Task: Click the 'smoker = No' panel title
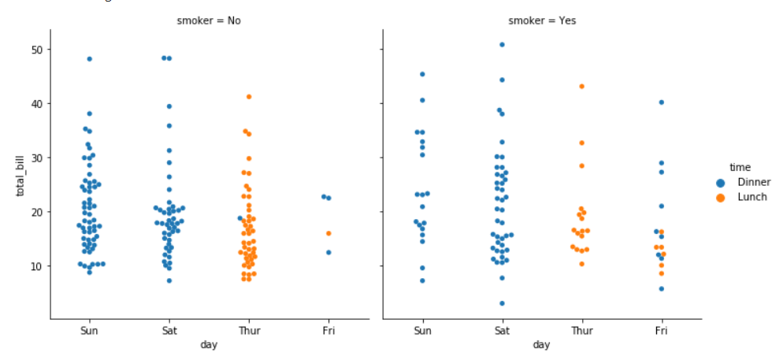point(208,20)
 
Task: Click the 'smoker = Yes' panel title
point(542,20)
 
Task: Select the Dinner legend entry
point(754,182)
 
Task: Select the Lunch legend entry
point(751,197)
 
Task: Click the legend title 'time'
point(740,167)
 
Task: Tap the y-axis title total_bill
point(22,175)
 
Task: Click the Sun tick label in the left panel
point(89,331)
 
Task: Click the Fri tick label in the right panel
point(662,331)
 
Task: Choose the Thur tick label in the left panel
point(248,331)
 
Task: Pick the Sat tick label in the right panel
point(502,331)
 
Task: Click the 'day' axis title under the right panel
point(541,345)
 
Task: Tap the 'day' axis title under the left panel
point(208,345)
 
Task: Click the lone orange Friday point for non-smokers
point(328,233)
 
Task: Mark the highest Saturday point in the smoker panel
point(502,45)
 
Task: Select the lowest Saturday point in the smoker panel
point(502,303)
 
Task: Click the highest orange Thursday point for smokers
point(582,86)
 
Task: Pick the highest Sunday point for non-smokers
point(89,59)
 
